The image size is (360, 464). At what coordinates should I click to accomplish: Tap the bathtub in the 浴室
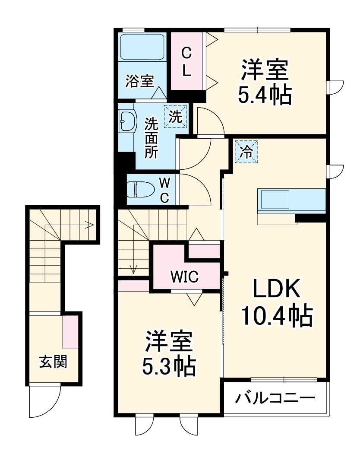coord(143,47)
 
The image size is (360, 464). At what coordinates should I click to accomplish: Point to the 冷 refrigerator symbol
coord(246,151)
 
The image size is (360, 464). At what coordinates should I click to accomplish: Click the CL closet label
coord(186,61)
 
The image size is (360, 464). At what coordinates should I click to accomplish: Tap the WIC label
coord(184,276)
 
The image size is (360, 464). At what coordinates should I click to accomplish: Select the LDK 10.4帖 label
coord(276,304)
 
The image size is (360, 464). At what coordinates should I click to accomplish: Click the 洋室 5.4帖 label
coord(264,83)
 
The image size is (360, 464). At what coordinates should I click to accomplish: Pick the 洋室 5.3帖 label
coord(169,353)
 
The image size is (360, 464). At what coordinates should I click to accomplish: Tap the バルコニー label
coord(275,397)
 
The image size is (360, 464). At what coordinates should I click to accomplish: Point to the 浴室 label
coord(139,81)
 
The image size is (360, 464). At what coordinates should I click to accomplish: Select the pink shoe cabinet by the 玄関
coord(70,332)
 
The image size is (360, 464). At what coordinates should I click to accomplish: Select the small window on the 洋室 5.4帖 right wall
coord(335,87)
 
